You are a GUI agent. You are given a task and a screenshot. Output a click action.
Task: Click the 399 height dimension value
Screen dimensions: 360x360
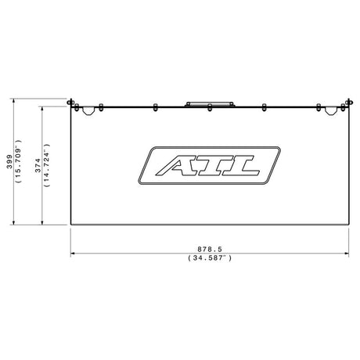point(9,162)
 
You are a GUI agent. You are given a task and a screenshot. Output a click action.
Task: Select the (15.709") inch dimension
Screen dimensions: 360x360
point(19,161)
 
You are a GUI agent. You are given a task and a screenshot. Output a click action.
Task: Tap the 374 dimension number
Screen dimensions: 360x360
point(38,165)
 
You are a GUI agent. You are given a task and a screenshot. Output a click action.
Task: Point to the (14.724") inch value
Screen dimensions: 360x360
point(47,165)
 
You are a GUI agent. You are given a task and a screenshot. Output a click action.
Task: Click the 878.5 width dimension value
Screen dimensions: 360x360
point(210,249)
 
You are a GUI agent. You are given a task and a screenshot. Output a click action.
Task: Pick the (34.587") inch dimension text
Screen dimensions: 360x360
point(210,258)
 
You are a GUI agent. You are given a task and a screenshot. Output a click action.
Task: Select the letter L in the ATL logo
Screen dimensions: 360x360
point(240,165)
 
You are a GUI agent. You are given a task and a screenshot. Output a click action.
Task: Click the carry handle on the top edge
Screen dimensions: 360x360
point(210,104)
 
